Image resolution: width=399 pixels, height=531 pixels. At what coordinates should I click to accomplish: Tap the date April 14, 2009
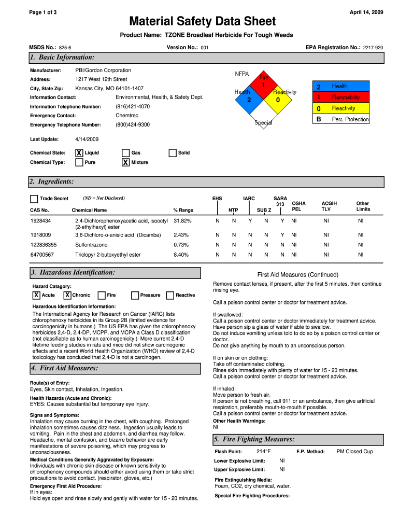(366, 12)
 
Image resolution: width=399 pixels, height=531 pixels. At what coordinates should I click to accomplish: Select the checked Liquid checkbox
(79, 153)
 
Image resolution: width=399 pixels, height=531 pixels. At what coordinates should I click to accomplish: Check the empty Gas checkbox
(125, 153)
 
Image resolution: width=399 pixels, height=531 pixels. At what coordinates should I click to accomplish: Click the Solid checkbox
(173, 153)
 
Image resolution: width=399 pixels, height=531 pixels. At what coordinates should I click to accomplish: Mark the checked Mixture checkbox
(125, 162)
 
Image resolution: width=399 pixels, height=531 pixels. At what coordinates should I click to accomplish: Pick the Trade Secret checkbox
(34, 199)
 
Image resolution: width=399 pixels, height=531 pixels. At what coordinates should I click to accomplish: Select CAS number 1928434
(40, 221)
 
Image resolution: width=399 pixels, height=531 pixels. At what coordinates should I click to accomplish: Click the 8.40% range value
(181, 255)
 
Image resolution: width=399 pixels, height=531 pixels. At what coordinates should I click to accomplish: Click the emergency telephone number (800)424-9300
(133, 125)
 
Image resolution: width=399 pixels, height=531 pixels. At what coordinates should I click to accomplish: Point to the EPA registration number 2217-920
(373, 48)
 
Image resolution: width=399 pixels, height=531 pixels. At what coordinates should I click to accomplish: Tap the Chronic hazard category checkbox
(67, 295)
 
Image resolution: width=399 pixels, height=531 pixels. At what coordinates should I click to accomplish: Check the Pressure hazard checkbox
(135, 295)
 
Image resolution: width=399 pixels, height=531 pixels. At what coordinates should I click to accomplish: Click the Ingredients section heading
(52, 181)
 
